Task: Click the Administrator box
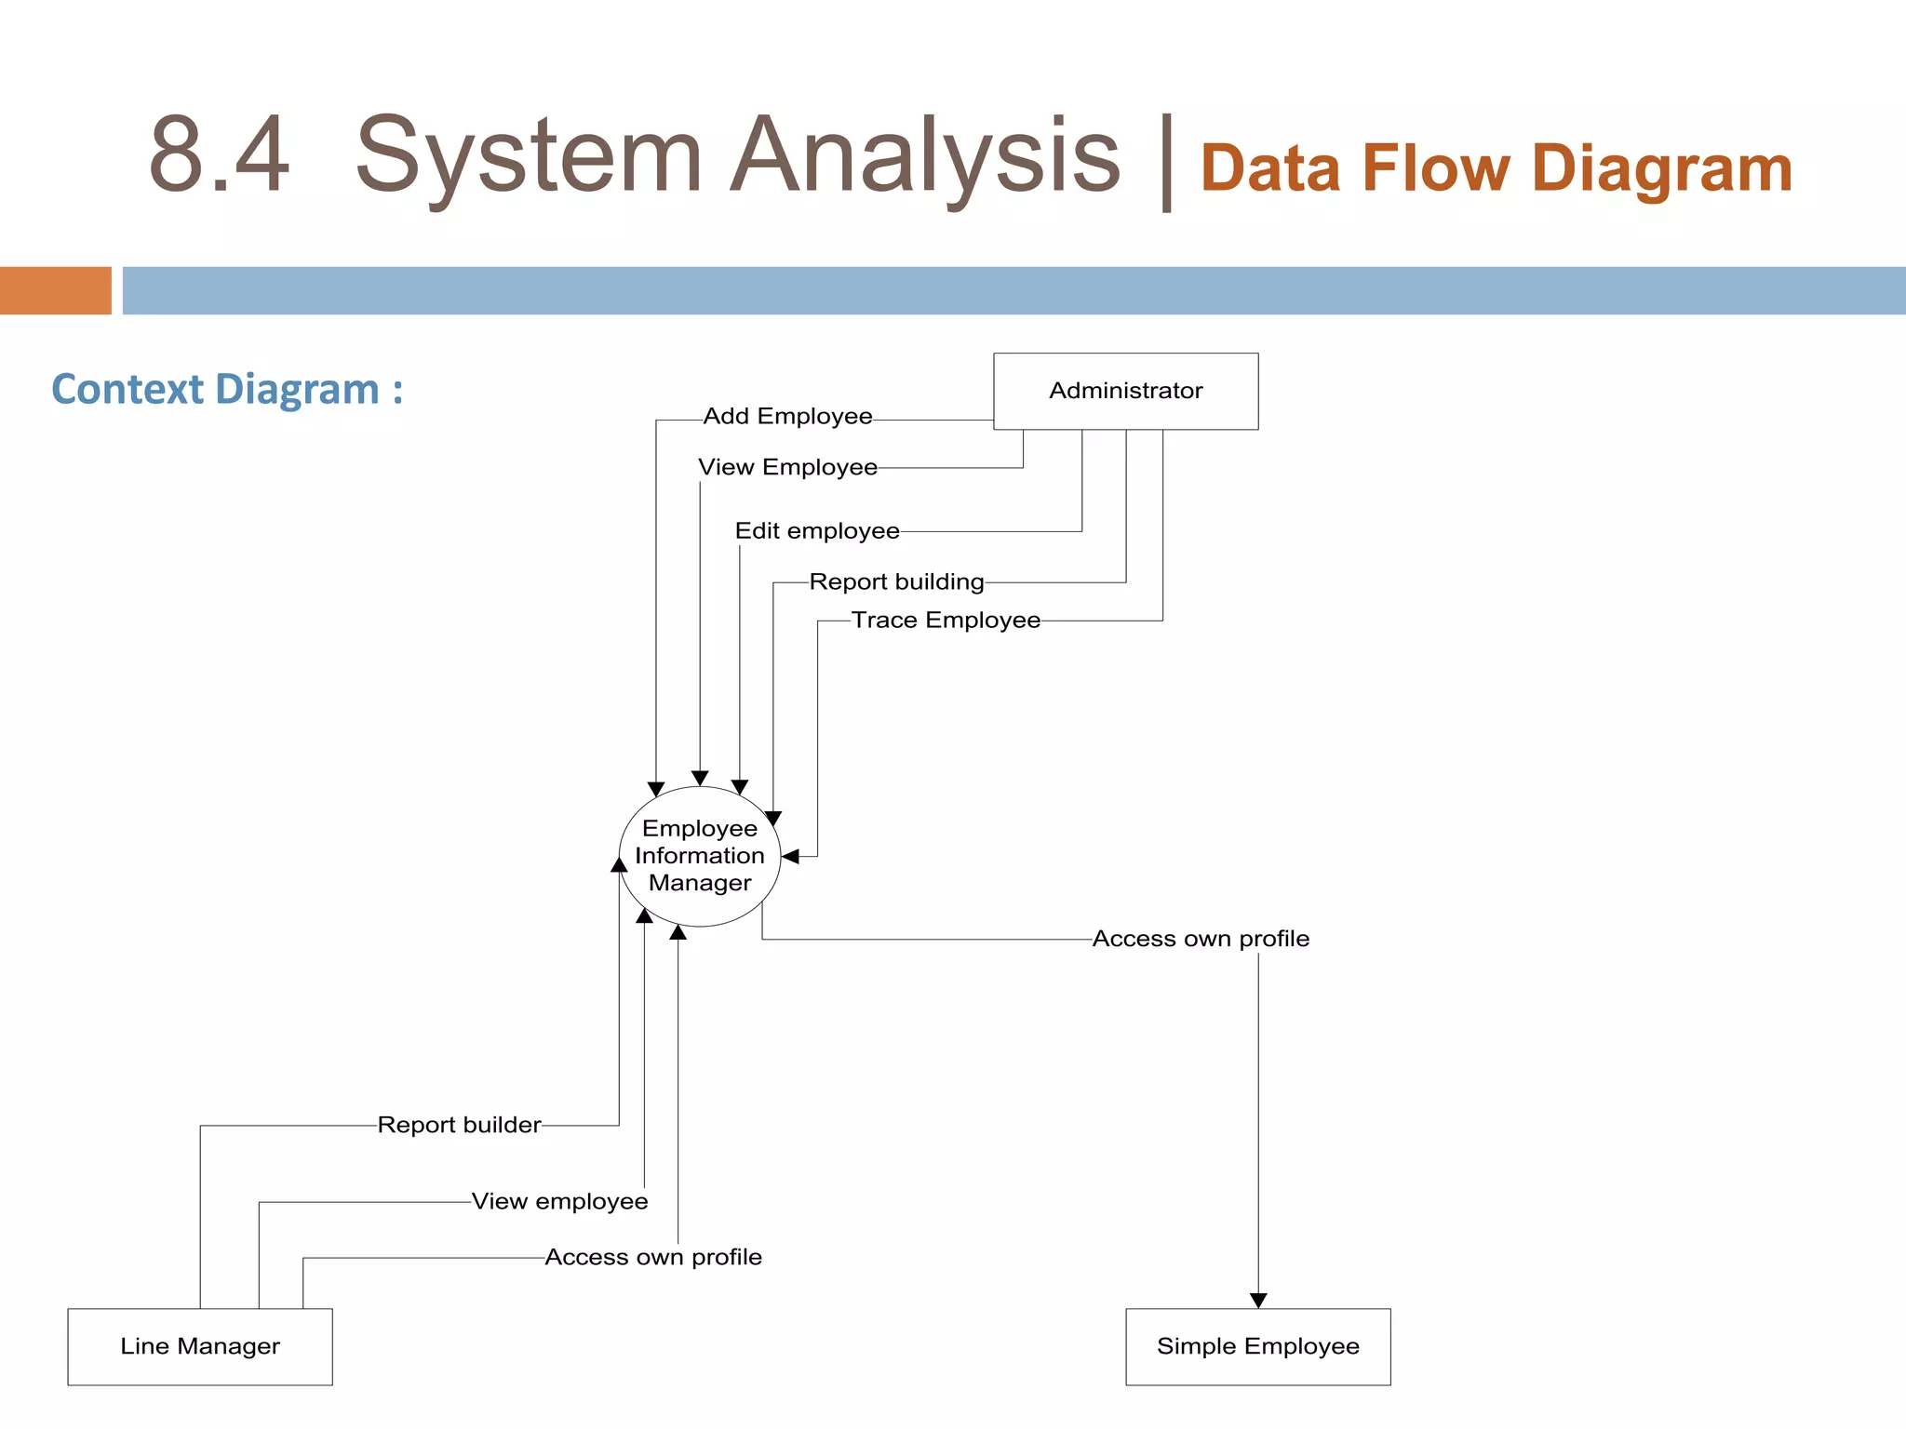coord(1125,391)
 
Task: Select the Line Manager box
coord(200,1346)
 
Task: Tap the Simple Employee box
coord(1257,1346)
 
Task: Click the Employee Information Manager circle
coord(700,856)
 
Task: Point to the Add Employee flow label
coord(787,416)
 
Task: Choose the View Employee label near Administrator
coord(787,467)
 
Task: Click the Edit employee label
coord(817,531)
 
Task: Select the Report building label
coord(896,582)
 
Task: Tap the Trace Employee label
coord(946,621)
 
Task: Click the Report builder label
coord(459,1126)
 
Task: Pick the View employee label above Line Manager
coord(559,1202)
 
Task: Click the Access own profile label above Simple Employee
coord(1201,939)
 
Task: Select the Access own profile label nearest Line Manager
coord(652,1258)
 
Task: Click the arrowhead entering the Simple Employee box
coord(1258,1301)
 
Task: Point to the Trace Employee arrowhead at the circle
coord(790,856)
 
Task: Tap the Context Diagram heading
coord(227,389)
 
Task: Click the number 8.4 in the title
coord(219,155)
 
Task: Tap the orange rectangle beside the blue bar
coord(55,290)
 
